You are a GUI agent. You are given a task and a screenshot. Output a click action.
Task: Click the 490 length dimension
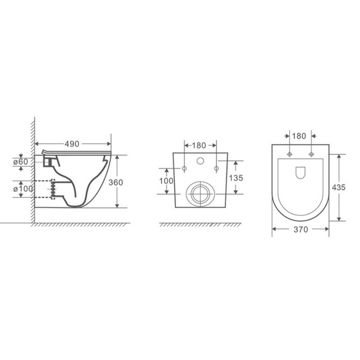click(x=72, y=144)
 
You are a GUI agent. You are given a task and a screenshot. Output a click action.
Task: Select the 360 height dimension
click(x=116, y=182)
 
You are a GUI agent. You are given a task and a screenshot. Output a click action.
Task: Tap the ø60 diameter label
click(x=21, y=161)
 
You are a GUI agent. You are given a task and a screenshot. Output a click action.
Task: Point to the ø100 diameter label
click(x=23, y=189)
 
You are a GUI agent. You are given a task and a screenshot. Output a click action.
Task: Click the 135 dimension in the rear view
click(x=236, y=178)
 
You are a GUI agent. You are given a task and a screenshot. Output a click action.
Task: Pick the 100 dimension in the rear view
click(x=167, y=181)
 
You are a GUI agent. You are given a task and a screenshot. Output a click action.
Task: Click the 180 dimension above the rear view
click(x=199, y=145)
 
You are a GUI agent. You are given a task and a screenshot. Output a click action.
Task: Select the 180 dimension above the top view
click(x=299, y=136)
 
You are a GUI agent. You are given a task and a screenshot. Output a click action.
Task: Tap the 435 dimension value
click(x=339, y=187)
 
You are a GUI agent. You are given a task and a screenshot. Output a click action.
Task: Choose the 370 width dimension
click(x=301, y=229)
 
